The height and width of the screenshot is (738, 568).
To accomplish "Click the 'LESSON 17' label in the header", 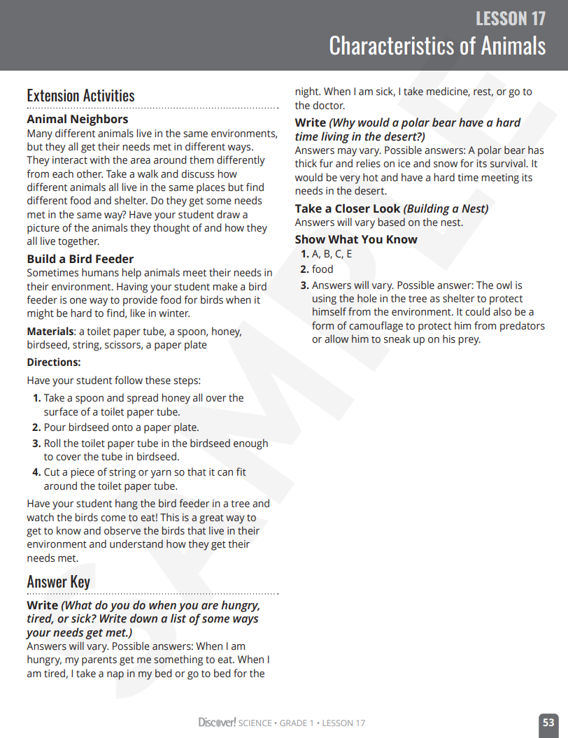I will click(510, 18).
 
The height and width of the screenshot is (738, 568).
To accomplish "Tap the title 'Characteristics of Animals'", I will click(436, 46).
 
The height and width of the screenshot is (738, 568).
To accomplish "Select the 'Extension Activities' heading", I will click(80, 96).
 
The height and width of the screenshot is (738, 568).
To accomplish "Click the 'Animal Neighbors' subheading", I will click(78, 120).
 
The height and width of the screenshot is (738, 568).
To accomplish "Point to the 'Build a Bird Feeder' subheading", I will click(80, 259).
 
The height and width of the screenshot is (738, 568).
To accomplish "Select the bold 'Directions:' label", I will click(54, 362).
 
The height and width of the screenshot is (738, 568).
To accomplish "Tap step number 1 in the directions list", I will click(36, 398).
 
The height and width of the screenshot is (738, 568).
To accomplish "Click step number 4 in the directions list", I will click(36, 472).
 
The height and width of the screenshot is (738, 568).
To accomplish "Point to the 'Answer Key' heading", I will click(58, 582).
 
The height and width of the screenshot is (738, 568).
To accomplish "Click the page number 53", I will click(548, 723).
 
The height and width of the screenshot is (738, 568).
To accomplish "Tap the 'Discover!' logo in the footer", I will click(217, 723).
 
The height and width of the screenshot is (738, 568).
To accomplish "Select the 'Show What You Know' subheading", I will click(356, 239).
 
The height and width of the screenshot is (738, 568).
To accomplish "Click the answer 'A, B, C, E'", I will click(332, 254).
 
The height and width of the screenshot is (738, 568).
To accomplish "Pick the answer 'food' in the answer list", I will click(322, 269).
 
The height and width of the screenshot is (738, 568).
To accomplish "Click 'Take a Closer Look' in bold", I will click(348, 208).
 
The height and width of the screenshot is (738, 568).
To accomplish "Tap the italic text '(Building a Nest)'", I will click(446, 208).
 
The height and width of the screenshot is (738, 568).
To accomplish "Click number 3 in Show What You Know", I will click(304, 285).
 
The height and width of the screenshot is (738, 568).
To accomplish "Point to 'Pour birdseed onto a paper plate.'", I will click(121, 427).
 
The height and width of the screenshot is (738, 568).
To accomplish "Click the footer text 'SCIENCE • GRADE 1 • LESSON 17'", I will click(301, 723).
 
